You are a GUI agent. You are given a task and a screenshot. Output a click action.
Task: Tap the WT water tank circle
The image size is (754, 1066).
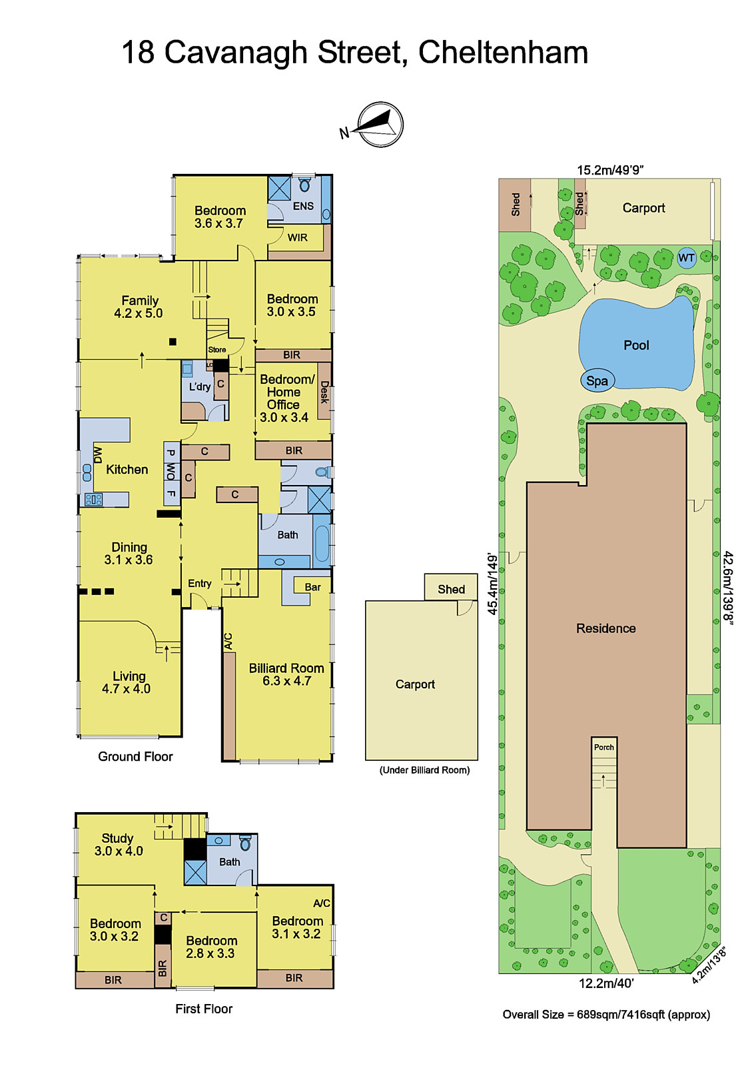[x=686, y=258]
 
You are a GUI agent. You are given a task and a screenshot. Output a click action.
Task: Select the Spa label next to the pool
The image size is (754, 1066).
[x=597, y=380]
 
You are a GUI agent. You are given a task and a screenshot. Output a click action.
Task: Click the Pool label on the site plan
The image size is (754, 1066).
[x=636, y=345]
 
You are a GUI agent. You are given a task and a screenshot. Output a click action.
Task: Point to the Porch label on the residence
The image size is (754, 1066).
[x=604, y=747]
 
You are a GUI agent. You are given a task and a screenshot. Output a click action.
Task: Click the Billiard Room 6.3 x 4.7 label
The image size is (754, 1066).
[x=286, y=674]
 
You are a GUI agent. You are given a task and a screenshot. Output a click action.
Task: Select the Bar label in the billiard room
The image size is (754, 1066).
[x=312, y=587]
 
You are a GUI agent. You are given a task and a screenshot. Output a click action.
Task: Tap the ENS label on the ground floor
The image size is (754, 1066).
[x=303, y=206]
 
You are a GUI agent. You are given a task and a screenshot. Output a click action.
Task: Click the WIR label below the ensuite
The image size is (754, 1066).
[x=297, y=237]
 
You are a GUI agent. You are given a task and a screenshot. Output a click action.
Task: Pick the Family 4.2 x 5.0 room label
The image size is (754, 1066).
[x=139, y=306]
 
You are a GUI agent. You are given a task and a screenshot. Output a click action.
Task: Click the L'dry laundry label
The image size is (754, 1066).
[x=199, y=386]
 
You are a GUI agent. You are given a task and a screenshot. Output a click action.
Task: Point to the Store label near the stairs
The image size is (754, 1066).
[x=217, y=349]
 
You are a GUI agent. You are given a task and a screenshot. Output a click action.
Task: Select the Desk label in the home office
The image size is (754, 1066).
[x=324, y=392]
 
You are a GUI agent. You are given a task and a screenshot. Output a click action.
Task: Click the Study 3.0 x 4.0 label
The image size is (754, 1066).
[x=118, y=844]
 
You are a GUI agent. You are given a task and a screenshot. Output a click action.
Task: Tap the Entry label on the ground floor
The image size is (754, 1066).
[x=199, y=583]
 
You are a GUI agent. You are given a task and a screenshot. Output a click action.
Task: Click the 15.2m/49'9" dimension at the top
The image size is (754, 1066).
[x=610, y=170]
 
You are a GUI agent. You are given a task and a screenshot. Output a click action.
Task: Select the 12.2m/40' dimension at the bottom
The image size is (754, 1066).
[x=605, y=983]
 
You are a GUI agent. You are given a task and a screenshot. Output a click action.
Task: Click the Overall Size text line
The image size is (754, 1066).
[x=605, y=1014]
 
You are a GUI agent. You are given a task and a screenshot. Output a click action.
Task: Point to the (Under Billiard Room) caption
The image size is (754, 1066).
[x=424, y=770]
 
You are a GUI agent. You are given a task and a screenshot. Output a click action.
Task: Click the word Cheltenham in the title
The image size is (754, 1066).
[x=503, y=53]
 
